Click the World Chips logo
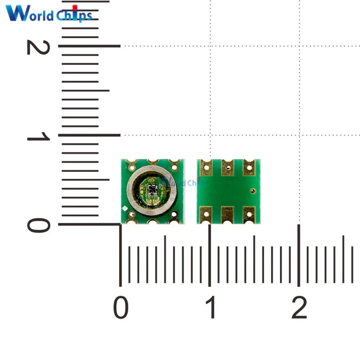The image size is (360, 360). click(x=49, y=13)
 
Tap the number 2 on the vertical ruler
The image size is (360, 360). click(x=38, y=47)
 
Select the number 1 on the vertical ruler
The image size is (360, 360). click(x=38, y=136)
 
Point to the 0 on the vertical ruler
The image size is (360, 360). click(x=39, y=225)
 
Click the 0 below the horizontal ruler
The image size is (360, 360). click(x=121, y=307)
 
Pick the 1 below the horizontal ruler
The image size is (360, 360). click(x=210, y=307)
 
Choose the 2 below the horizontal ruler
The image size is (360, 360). click(x=299, y=307)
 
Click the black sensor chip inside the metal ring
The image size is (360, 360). click(x=152, y=189)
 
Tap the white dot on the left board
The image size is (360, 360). click(x=125, y=208)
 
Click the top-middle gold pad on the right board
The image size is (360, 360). click(x=228, y=167)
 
